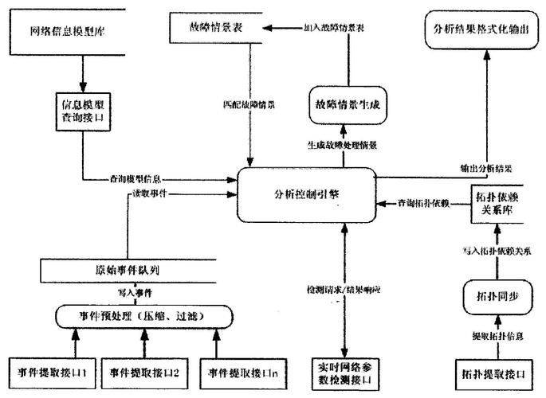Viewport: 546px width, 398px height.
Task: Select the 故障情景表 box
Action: pyautogui.click(x=214, y=28)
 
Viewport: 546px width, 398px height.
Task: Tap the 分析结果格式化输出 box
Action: pyautogui.click(x=483, y=33)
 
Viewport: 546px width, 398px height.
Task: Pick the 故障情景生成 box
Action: pyautogui.click(x=346, y=106)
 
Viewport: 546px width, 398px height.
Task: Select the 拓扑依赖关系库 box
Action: pyautogui.click(x=496, y=204)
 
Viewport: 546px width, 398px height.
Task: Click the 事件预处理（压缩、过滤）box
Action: pyautogui.click(x=143, y=315)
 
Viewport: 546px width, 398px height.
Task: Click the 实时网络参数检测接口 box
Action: pyautogui.click(x=344, y=371)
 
